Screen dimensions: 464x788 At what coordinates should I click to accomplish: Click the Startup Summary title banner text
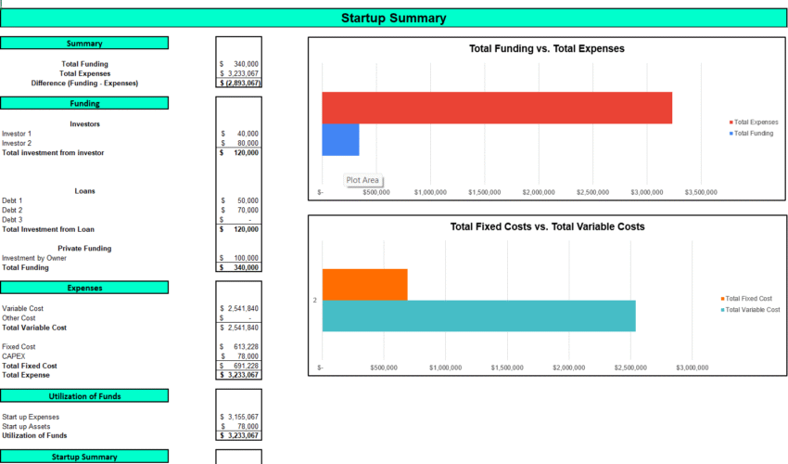click(393, 18)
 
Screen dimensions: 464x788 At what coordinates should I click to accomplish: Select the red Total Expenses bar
click(496, 108)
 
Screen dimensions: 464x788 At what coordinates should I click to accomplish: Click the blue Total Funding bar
click(340, 139)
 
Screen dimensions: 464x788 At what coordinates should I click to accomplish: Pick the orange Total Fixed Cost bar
click(364, 284)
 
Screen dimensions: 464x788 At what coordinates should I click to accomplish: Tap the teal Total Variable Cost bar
click(478, 316)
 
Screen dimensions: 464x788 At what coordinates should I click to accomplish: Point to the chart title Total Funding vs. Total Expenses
click(547, 48)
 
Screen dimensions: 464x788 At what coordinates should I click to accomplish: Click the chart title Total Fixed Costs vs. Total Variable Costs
click(547, 226)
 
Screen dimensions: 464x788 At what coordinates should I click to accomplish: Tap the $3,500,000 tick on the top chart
click(700, 193)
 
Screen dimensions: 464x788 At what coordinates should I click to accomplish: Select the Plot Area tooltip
click(362, 181)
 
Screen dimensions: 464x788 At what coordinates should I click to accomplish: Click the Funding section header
click(84, 103)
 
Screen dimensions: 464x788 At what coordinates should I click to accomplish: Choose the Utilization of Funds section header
click(84, 396)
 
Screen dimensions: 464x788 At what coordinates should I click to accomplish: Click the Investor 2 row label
click(17, 143)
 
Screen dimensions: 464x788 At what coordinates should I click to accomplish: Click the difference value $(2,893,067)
click(239, 83)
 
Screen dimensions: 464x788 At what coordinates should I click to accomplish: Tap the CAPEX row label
click(13, 356)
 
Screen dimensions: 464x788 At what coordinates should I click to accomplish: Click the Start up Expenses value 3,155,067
click(241, 417)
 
